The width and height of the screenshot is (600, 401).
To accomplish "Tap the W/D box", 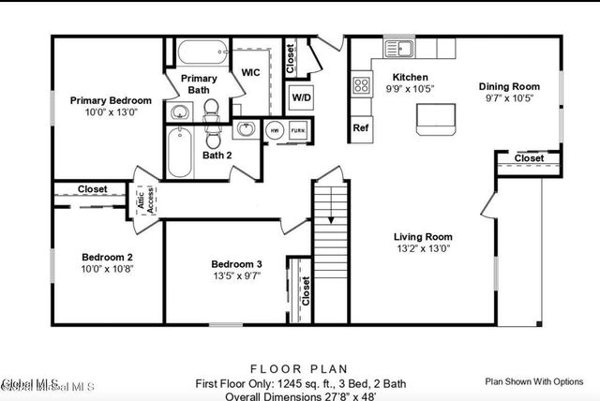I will [x=302, y=97].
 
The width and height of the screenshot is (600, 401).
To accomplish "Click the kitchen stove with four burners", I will [x=361, y=86].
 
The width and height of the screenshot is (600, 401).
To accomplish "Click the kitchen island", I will [x=434, y=116].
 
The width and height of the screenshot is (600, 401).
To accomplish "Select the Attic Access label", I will [x=147, y=199].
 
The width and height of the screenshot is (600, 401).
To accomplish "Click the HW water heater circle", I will [x=275, y=130].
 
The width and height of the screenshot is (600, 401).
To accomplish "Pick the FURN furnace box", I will [x=297, y=130].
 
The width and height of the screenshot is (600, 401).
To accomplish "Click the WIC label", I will [x=250, y=72].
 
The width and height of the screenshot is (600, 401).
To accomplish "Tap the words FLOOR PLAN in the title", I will [x=299, y=368].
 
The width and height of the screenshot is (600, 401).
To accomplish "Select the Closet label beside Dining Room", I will [x=529, y=158].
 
